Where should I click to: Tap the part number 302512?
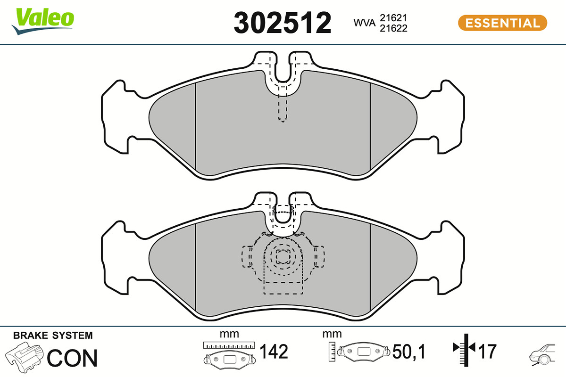[282, 23]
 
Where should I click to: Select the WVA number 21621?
[393, 18]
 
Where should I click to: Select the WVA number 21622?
[393, 28]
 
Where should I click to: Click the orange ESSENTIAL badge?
[503, 23]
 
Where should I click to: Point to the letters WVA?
[364, 23]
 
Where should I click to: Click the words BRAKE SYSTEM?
[53, 336]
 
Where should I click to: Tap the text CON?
[72, 358]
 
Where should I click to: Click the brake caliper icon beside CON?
[25, 357]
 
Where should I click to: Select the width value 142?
[274, 351]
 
